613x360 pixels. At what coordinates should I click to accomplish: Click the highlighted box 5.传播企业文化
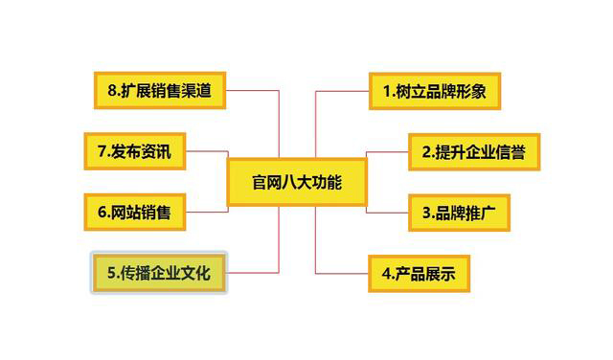[159, 274]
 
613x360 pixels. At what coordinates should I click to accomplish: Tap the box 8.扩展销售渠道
[159, 92]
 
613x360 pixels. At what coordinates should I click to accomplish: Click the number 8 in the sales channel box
[111, 93]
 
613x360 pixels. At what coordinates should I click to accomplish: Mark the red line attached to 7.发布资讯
[206, 151]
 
